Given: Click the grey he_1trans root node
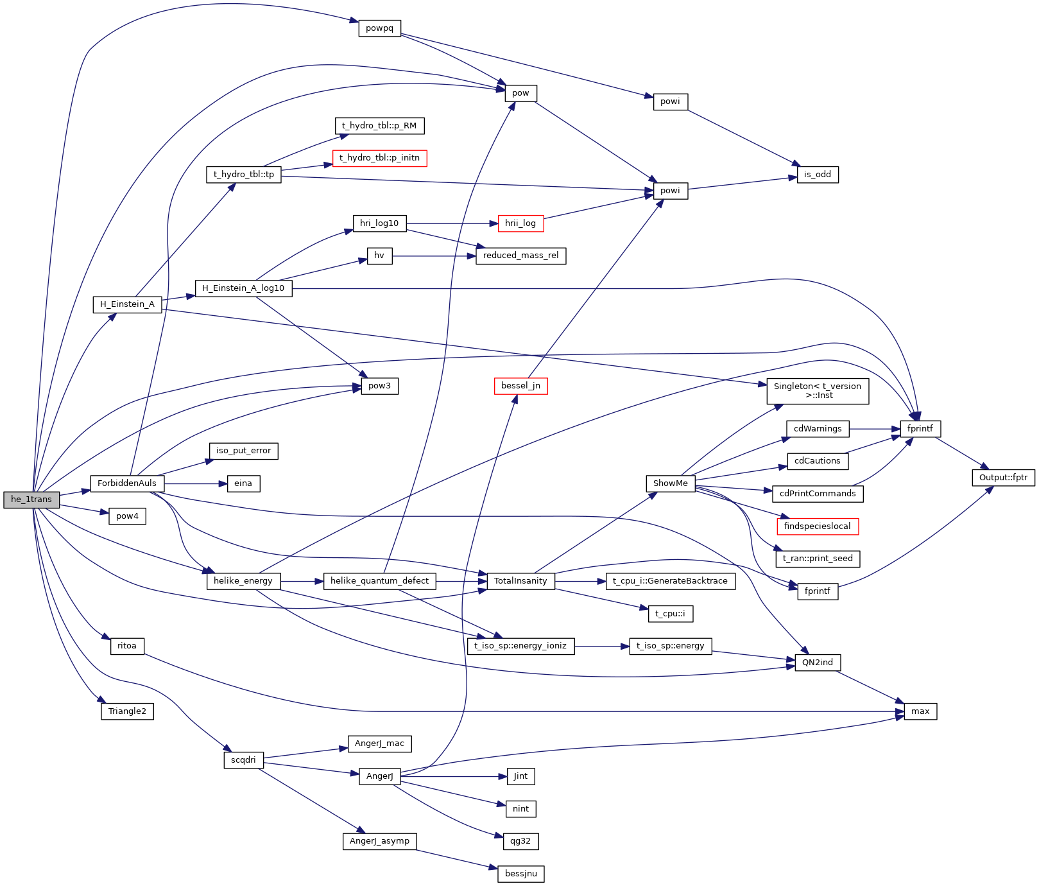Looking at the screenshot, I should coord(31,499).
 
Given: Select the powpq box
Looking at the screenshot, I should coord(379,28).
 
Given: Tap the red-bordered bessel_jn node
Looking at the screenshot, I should coord(520,386).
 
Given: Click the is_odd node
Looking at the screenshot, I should coord(817,174).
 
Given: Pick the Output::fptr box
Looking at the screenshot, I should coord(1003,477).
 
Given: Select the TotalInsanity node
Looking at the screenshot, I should coord(520,581).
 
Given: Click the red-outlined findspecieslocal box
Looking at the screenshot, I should coord(817,526).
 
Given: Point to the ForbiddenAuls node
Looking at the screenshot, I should coord(127,483).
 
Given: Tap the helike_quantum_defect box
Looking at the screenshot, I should coord(379,581).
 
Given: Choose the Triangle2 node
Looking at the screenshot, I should coord(127,711).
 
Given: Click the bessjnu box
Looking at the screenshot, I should coord(520,874).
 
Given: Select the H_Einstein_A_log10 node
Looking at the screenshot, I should coord(243,288).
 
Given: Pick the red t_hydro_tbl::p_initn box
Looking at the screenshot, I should coord(379,158).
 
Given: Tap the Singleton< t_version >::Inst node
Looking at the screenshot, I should coord(817,391).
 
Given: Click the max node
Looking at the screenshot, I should coord(920,711).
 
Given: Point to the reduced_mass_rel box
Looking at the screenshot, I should coord(520,256).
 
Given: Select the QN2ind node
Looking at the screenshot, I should coord(817,663).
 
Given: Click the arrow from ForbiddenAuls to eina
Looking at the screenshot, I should coord(196,483).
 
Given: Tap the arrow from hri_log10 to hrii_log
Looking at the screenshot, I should coord(452,223).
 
